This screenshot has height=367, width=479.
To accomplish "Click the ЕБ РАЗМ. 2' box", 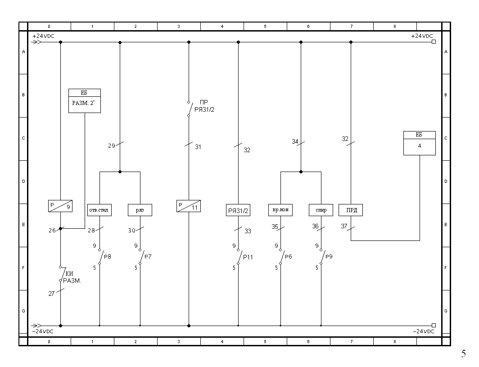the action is pos(85,101).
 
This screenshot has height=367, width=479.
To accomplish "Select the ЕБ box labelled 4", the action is pos(420,143).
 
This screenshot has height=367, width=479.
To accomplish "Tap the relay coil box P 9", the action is pos(60,206).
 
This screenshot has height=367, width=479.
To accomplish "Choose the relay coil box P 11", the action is pos(189,206).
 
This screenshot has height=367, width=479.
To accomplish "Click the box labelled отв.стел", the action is pos(99,210).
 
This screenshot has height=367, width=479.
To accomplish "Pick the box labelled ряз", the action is pos(140,210).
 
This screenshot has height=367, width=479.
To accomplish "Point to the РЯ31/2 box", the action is pos(238,210).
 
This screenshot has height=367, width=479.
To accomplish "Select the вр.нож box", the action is pos(280,210).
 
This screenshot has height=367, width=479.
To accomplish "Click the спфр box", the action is pos(321,210).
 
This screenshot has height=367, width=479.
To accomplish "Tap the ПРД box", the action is pos(351,210).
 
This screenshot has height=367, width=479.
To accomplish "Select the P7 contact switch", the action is pos(141,257).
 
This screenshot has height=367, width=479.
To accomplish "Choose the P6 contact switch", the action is pos(281,257).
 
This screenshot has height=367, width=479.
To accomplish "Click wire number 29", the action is pos(112,146).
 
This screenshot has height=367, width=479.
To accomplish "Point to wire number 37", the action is pos(344,226).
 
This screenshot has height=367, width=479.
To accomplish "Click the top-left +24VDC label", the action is pos(43,36).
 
